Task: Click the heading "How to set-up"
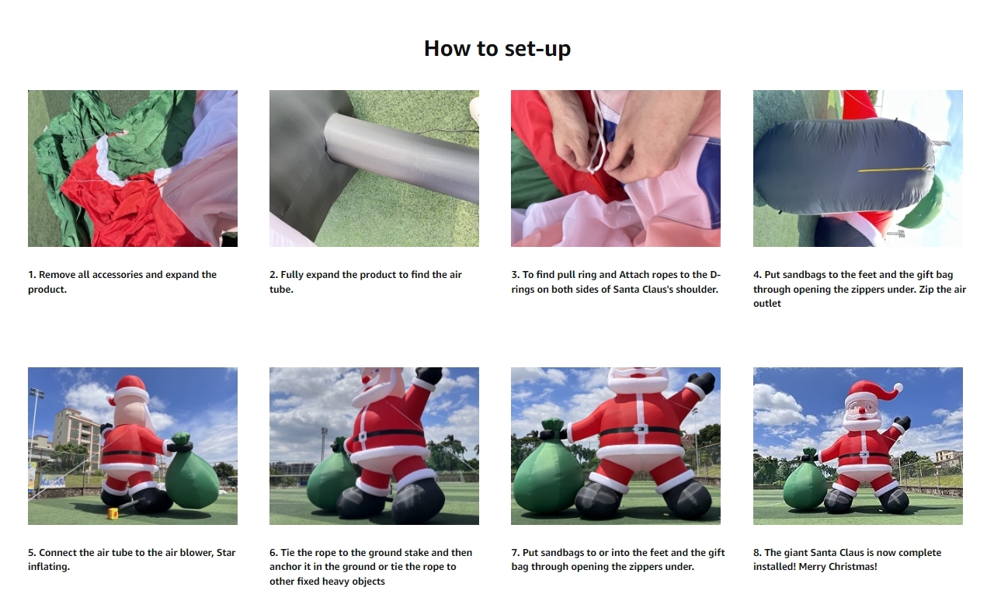[x=497, y=49]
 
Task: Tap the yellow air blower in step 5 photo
[x=113, y=513]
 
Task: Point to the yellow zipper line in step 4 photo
[x=892, y=169]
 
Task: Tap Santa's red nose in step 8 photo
[x=862, y=410]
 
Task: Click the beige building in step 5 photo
[x=75, y=433]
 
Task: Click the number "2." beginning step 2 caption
[x=273, y=275]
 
